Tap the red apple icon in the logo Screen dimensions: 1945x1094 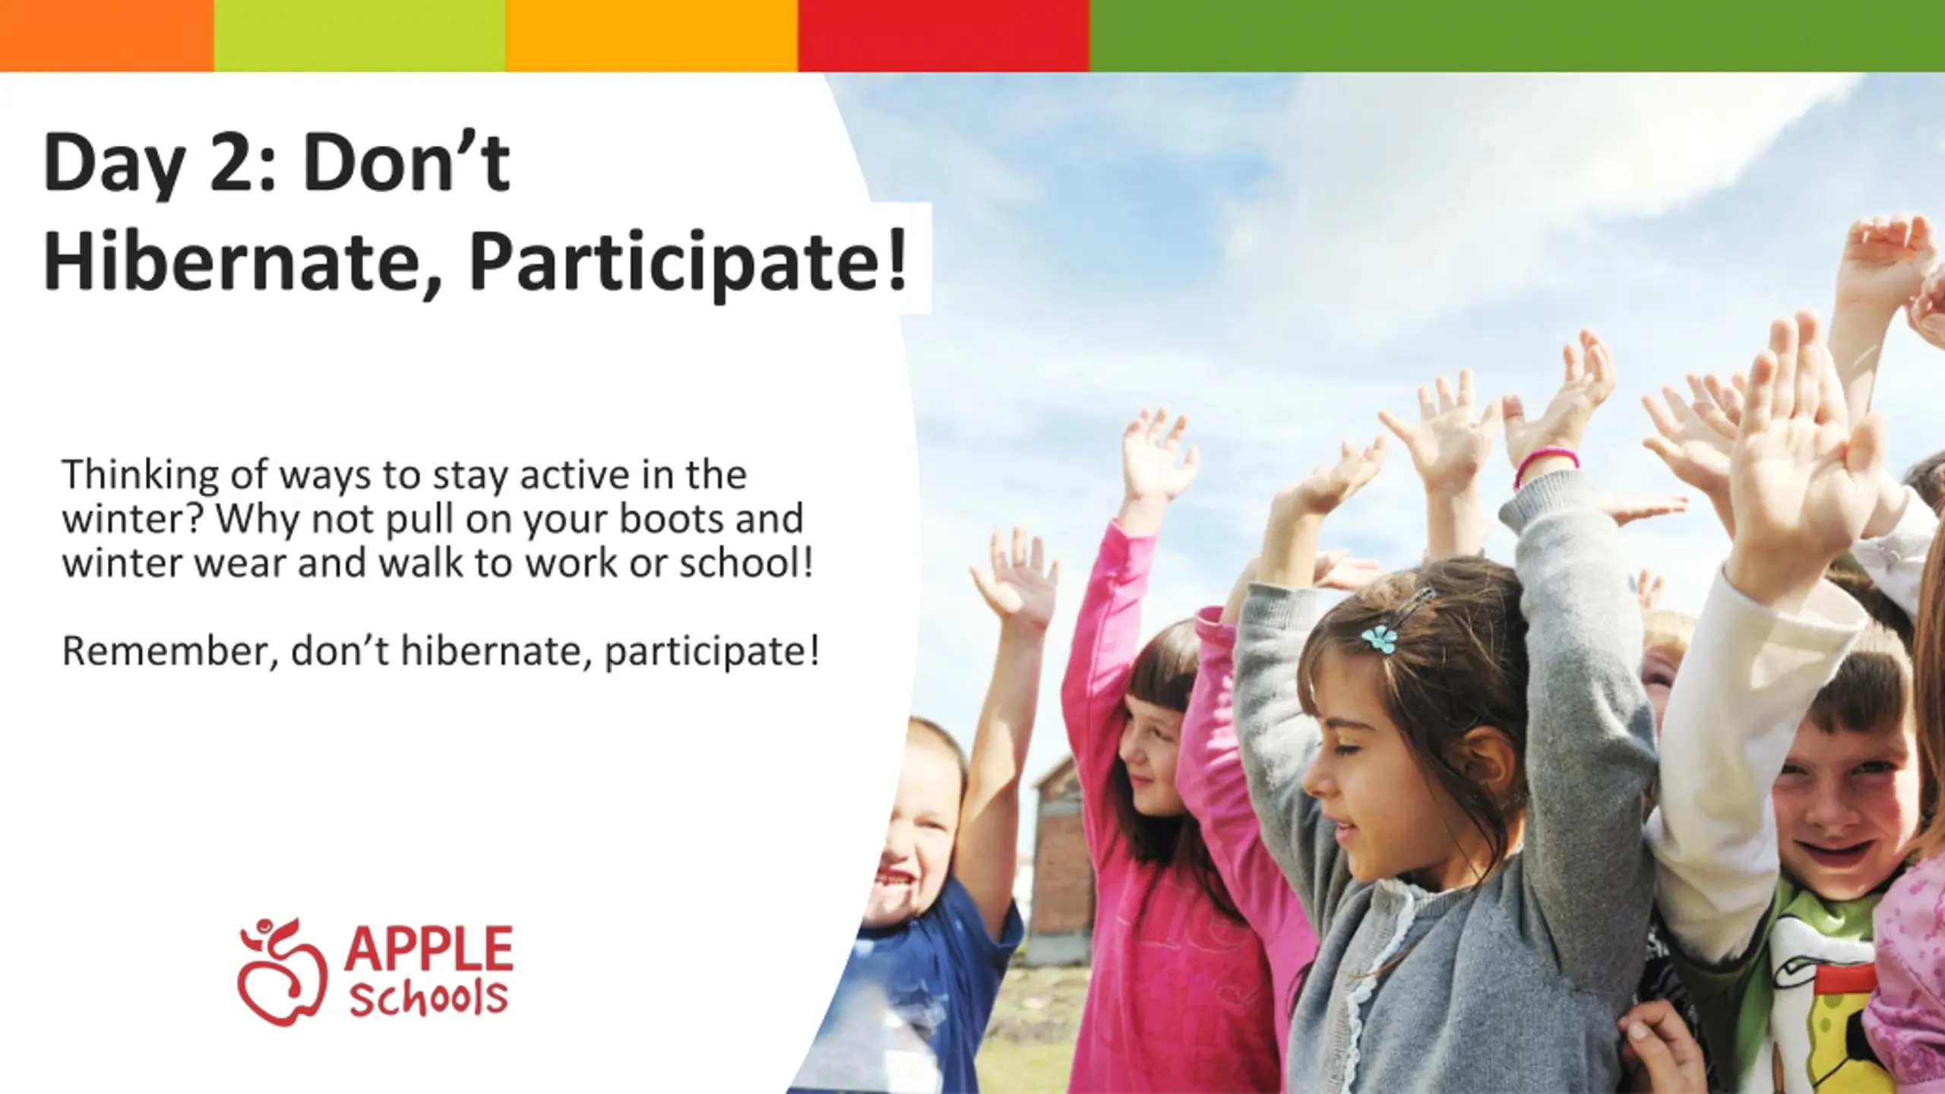tap(282, 972)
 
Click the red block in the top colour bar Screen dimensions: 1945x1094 tap(944, 36)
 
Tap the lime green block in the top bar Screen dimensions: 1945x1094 tap(360, 36)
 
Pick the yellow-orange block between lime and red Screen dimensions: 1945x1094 tap(652, 36)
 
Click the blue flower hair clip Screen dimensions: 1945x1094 tap(1379, 638)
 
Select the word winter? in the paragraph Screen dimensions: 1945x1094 tap(133, 520)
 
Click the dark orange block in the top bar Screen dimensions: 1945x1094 tap(107, 36)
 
